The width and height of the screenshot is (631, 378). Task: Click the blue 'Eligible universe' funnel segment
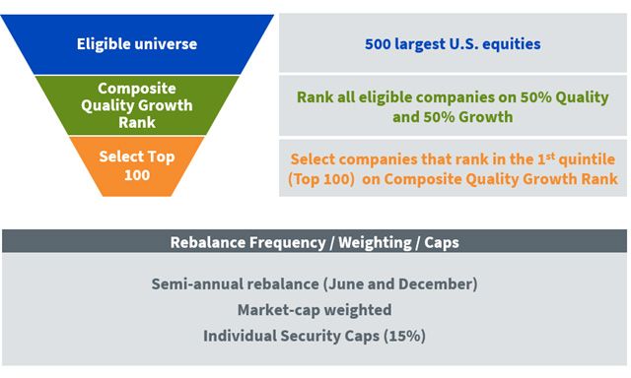point(137,44)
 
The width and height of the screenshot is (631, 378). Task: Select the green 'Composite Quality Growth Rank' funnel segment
point(137,105)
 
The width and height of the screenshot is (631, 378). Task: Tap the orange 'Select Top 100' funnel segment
point(137,166)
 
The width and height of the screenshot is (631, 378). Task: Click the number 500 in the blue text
point(378,43)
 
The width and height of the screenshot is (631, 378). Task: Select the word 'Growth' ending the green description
point(486,117)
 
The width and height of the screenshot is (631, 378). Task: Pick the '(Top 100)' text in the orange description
point(321,179)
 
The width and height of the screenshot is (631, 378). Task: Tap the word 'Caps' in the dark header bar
point(442,243)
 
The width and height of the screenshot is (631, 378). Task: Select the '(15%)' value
point(404,336)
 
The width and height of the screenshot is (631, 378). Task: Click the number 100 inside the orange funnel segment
point(137,175)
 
